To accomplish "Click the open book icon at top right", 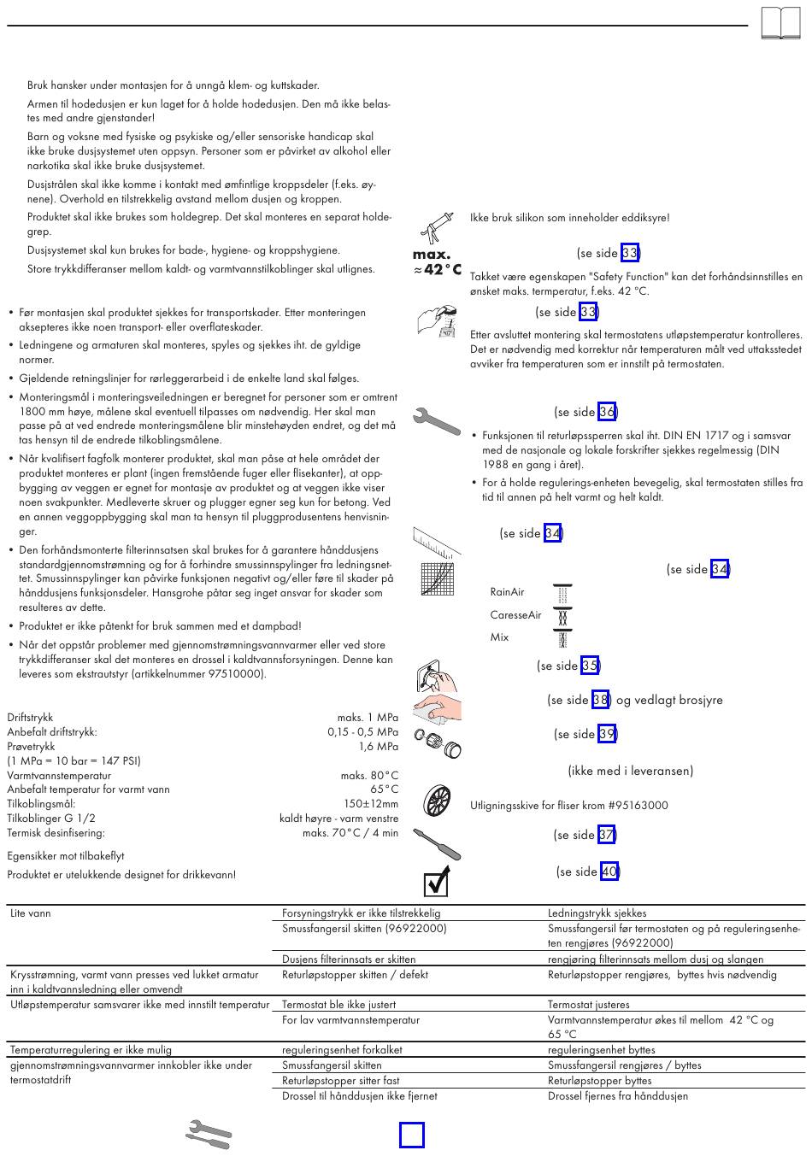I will (781, 23).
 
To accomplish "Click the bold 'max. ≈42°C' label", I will (437, 262).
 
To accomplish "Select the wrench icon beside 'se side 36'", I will (436, 420).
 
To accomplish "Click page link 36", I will (607, 412).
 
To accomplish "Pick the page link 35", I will (590, 666).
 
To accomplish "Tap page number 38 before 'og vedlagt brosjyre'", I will (600, 700).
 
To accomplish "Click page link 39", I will (607, 734).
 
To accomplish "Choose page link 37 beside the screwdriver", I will (606, 835).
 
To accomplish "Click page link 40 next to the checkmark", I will (609, 871).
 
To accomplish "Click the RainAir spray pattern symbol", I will (562, 593).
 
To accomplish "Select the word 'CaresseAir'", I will (515, 615).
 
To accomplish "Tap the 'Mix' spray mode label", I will (499, 637).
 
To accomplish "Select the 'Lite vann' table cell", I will (31, 913).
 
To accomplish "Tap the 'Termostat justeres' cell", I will (588, 1005).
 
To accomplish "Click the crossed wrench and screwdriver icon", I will (209, 1135).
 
